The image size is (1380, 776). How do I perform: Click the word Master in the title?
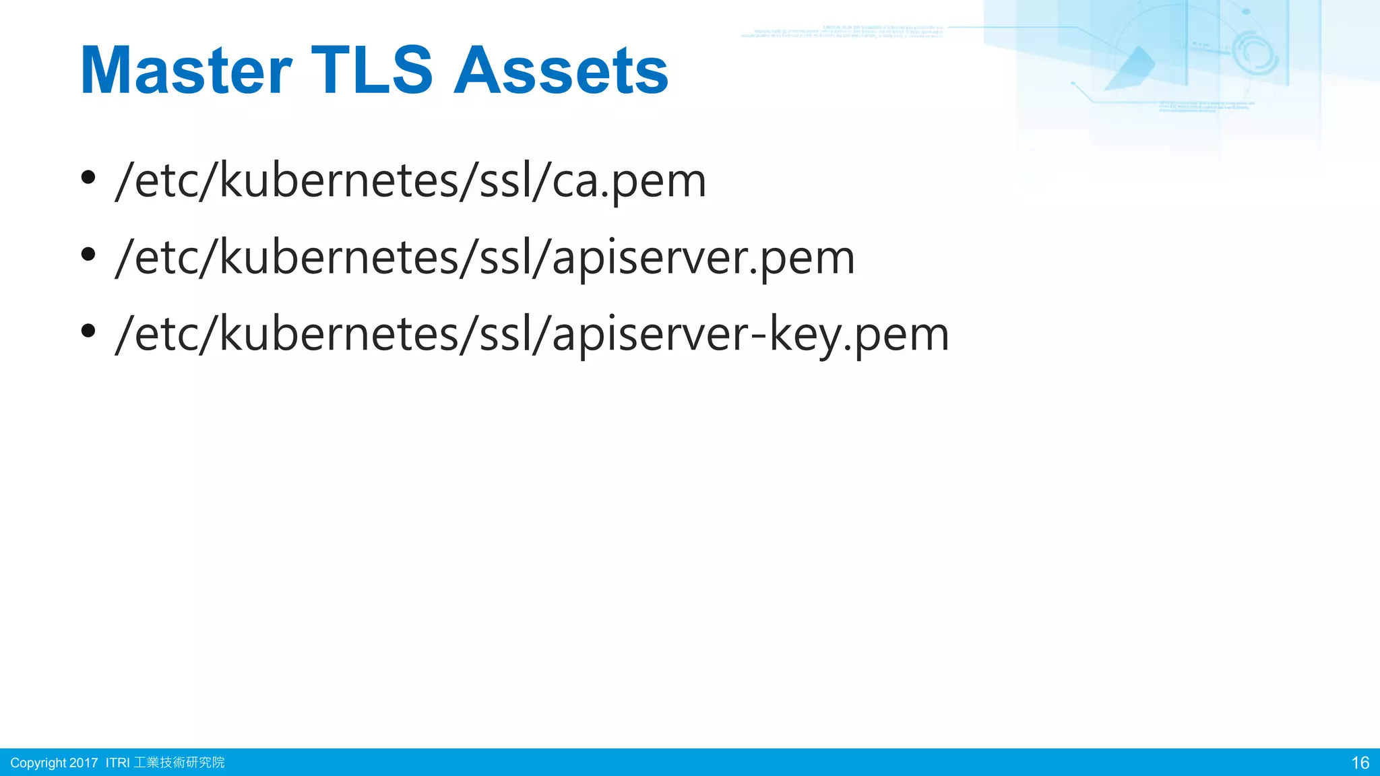coord(186,71)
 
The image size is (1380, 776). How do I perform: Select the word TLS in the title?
coord(371,71)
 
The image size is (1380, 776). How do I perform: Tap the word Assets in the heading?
coord(561,71)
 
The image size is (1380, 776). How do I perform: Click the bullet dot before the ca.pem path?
coord(88,178)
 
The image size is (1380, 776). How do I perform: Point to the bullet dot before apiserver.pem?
coord(88,255)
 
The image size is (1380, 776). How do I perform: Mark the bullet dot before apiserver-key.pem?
coord(88,331)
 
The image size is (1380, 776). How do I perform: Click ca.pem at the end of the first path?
coord(629,182)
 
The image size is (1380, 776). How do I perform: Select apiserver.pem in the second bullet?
coord(703,259)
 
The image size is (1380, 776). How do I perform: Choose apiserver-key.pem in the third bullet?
coord(750,335)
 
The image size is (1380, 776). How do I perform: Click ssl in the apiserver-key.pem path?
coord(501,335)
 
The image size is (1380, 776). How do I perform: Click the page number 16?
coord(1360,763)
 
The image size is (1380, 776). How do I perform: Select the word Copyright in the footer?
coord(38,763)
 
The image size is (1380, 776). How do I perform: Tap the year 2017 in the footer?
coord(84,763)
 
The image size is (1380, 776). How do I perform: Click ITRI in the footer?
coord(117,763)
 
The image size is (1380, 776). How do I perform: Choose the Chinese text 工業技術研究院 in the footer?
coord(179,763)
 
